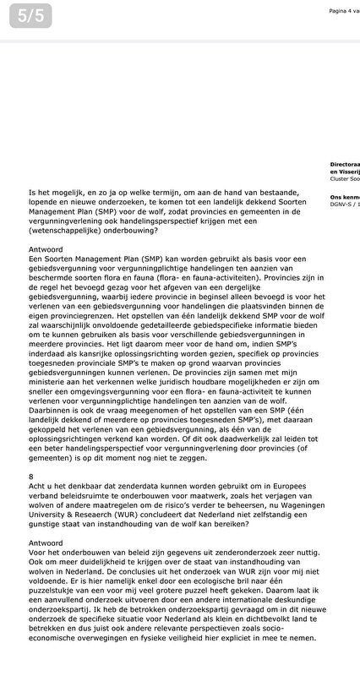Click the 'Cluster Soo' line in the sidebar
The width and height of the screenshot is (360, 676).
click(345, 180)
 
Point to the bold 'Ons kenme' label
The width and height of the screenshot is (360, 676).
click(345, 197)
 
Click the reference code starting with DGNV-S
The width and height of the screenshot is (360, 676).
click(345, 204)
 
